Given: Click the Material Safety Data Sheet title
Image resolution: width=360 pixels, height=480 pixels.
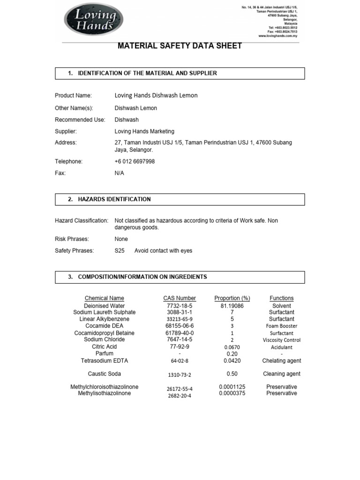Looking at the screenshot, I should coord(180,46).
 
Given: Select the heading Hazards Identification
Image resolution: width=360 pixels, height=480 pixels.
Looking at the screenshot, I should coord(114,199).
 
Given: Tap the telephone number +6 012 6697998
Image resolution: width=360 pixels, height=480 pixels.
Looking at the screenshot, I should coord(135,161).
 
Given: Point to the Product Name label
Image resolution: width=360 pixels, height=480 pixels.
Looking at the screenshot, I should coord(73,95).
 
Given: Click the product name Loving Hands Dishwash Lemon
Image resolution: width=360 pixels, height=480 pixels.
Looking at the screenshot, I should coord(156,95).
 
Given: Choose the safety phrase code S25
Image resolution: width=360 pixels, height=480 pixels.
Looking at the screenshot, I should coord(120,251).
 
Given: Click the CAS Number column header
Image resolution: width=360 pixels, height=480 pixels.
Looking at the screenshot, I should coord(180,298).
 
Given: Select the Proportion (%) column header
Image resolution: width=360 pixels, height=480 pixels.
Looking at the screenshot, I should coord(232,298).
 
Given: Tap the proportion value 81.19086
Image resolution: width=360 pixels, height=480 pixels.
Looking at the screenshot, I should coord(232,306).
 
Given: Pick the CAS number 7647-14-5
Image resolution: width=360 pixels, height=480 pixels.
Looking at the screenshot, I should coord(180,339).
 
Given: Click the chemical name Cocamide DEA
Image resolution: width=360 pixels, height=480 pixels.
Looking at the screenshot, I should coord(105,326).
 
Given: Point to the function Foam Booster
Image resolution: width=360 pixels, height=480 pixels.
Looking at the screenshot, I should coord(282,326).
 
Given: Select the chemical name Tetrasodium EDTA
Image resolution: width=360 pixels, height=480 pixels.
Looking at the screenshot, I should coord(105,361).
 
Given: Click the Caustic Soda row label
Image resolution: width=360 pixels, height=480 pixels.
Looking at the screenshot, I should coord(105,374).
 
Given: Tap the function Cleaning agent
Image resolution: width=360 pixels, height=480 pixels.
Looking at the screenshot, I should coord(282,374).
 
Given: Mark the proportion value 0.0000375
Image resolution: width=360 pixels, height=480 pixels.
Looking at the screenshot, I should coord(232,393).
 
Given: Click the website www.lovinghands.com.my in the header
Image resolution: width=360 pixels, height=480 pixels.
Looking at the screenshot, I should coord(277,36).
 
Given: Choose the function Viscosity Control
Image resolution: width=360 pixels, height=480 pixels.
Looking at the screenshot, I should coord(282,340).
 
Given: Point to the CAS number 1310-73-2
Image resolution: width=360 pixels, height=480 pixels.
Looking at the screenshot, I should coord(180,375).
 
